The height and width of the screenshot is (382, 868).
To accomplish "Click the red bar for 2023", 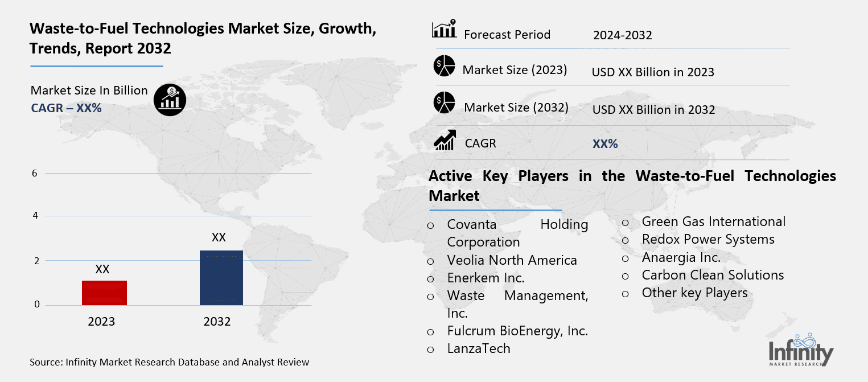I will tap(104, 293).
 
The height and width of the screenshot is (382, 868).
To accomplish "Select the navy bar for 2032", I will tap(221, 277).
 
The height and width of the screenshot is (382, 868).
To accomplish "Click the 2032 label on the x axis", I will tap(217, 322).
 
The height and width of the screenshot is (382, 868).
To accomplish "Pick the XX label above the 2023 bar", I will tap(102, 269).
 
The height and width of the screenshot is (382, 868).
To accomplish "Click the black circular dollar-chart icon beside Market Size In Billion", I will tap(169, 100).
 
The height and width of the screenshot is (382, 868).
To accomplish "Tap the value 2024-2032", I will tap(622, 35).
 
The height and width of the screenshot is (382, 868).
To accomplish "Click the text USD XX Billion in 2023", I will tap(653, 72).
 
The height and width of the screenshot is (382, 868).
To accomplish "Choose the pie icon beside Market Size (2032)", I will tap(444, 102).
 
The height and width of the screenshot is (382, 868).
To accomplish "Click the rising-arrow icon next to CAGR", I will tap(444, 140).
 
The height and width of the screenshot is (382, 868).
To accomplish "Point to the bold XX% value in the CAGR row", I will tap(605, 144).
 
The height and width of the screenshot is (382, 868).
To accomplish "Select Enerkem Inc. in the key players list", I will tap(486, 278).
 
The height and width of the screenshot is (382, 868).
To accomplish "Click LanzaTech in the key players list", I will tap(479, 348).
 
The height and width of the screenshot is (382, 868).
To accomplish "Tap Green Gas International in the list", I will tap(713, 221).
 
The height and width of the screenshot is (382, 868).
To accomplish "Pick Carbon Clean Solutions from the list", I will tap(713, 275).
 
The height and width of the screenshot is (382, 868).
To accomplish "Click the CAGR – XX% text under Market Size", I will tap(66, 107).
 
